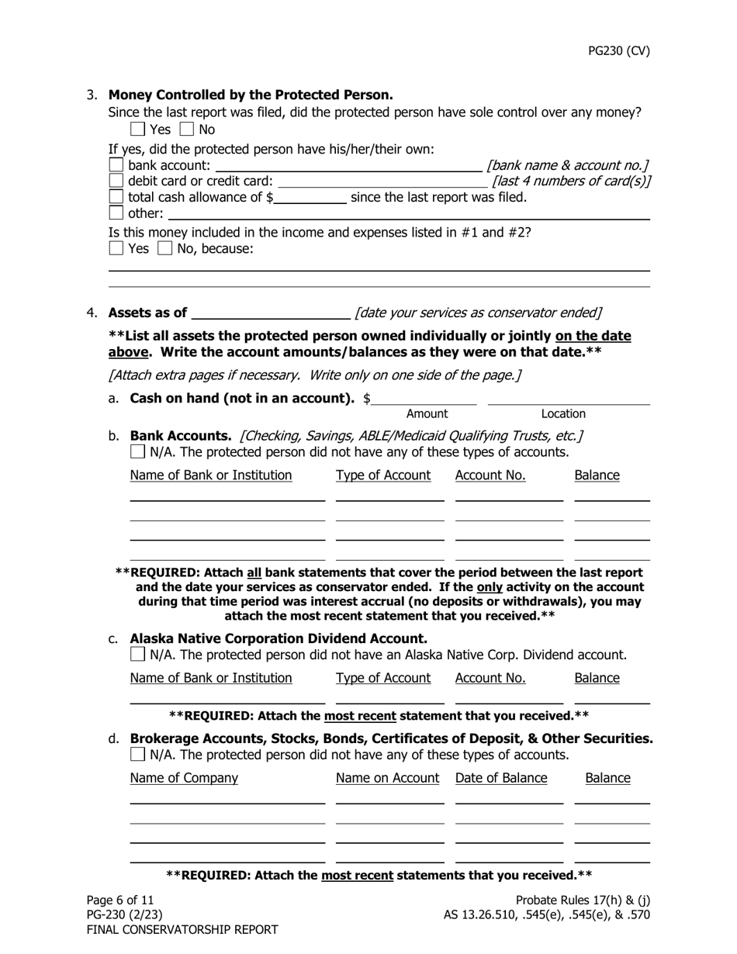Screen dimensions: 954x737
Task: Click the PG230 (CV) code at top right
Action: [618, 51]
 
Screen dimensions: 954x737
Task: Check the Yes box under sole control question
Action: [137, 130]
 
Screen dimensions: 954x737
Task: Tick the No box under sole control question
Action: [187, 130]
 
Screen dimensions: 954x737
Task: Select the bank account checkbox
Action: [116, 165]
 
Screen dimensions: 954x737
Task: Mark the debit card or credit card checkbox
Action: [116, 181]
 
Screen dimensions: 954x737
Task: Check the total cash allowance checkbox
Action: [116, 197]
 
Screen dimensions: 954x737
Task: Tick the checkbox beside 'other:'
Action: [116, 213]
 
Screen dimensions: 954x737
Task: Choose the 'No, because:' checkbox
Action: [164, 249]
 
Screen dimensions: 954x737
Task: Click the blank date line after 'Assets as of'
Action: [270, 313]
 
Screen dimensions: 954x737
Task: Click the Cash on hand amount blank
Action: [424, 399]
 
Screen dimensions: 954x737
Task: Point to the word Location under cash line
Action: [563, 414]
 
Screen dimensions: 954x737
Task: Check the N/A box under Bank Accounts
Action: [137, 451]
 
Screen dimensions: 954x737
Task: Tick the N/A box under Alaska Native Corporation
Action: [137, 655]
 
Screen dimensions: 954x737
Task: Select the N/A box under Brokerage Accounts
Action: [137, 755]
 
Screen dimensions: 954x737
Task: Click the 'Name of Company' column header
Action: [184, 778]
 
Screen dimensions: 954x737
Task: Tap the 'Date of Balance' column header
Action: [501, 778]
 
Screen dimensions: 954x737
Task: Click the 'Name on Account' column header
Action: [387, 778]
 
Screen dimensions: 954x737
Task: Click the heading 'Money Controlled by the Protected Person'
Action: [251, 95]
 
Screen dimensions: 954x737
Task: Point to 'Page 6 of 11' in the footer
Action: [120, 900]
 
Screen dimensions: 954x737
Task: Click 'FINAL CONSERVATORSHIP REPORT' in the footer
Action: [182, 929]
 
